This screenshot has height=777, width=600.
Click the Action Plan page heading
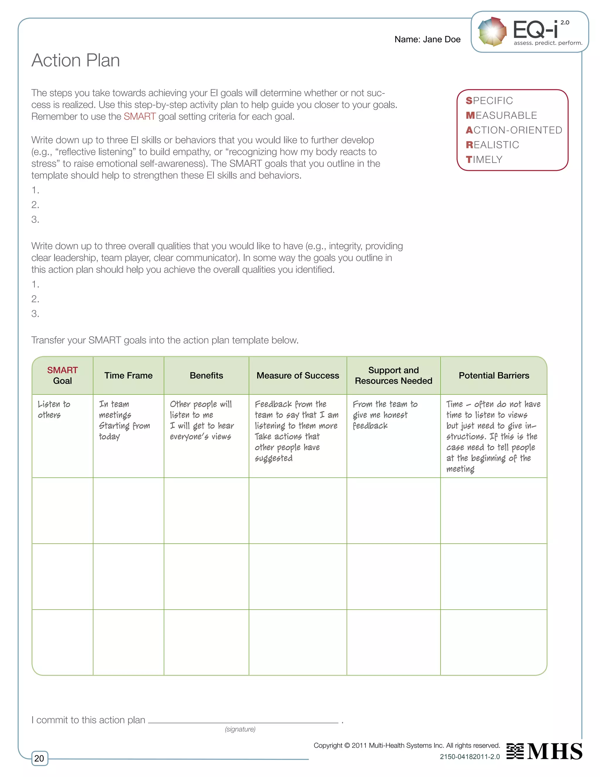(x=76, y=60)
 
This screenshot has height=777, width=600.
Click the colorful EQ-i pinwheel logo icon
(x=492, y=32)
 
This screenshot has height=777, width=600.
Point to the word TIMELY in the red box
(x=484, y=160)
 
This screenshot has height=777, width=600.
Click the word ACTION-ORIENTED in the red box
(x=514, y=130)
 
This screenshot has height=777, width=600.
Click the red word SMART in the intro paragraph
(x=140, y=117)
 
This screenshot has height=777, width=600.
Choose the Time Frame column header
(x=128, y=375)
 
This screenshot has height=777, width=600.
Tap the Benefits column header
(x=206, y=375)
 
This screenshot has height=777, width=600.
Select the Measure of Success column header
(x=298, y=375)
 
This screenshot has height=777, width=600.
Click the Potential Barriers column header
(x=494, y=375)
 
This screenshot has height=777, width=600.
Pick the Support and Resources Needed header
(x=393, y=375)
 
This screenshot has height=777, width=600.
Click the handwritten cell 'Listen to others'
(x=54, y=410)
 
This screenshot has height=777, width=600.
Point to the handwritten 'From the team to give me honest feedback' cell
(x=385, y=415)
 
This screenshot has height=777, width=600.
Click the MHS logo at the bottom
(x=545, y=751)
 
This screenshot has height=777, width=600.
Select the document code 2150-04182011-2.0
(x=470, y=757)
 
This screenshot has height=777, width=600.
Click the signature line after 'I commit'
(x=243, y=722)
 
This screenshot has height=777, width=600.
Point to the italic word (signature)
(x=240, y=729)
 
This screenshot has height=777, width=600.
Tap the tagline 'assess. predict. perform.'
(x=548, y=43)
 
